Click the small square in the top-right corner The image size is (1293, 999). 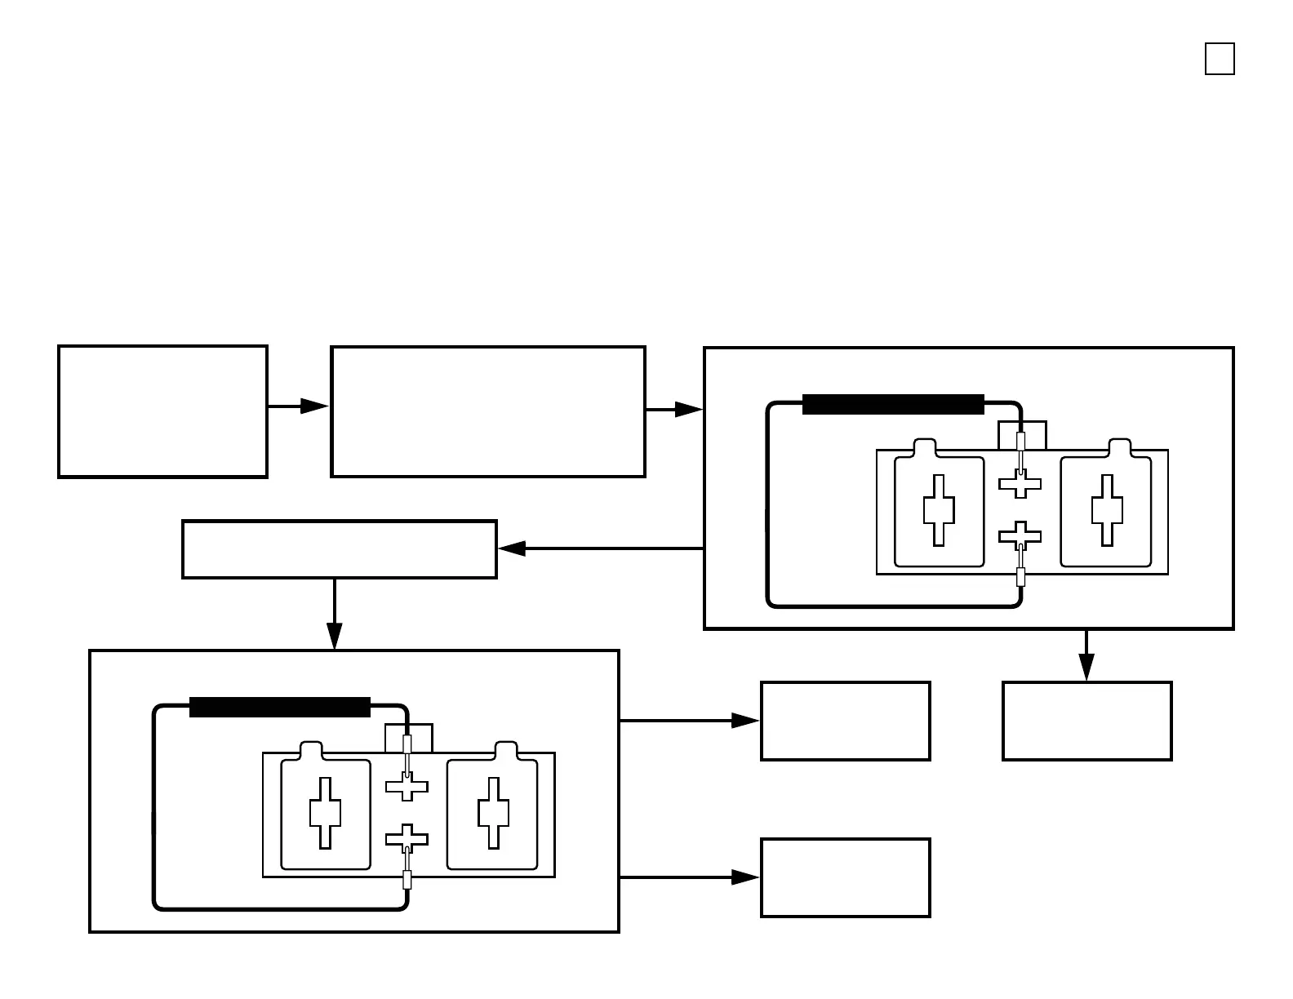(1220, 60)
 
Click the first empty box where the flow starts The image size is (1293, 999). (162, 411)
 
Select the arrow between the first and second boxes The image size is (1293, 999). (298, 406)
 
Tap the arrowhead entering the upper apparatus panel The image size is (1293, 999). (688, 410)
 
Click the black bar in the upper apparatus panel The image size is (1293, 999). (893, 405)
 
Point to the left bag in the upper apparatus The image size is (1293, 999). (939, 510)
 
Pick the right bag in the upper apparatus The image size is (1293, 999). (1106, 510)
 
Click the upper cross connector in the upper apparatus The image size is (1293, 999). (1020, 484)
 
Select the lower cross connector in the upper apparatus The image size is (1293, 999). (1020, 536)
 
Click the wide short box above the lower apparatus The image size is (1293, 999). (339, 549)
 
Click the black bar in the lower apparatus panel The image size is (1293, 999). (280, 708)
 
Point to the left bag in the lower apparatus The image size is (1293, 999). (325, 813)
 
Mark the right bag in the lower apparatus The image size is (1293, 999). (492, 813)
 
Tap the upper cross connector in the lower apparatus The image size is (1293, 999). (407, 787)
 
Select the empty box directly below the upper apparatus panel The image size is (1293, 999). (1086, 721)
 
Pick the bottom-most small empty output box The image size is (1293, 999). (845, 878)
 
